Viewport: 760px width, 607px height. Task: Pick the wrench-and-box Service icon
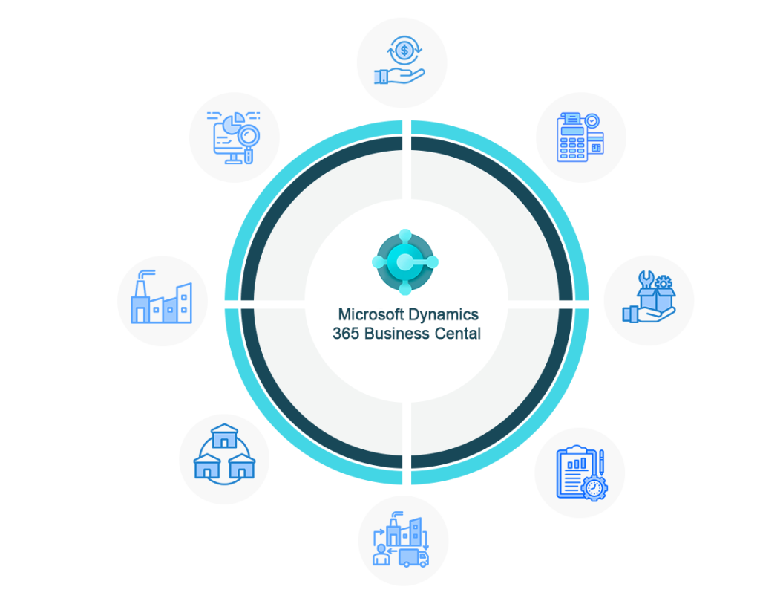648,299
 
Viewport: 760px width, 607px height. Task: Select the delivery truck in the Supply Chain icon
413,557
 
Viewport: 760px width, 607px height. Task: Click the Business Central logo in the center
405,262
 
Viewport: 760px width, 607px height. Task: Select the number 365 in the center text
345,334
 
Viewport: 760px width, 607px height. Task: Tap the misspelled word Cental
456,334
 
